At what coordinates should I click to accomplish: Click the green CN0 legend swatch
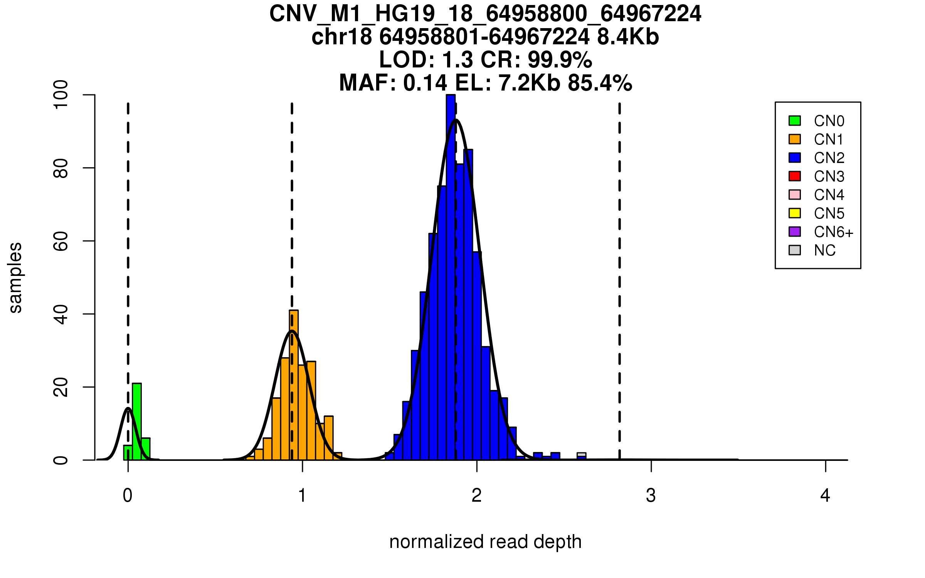tap(795, 121)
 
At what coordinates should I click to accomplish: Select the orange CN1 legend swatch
tap(795, 139)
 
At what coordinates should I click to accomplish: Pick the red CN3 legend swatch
tap(795, 176)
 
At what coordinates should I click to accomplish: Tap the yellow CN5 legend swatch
tap(795, 213)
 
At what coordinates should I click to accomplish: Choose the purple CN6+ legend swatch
tap(795, 232)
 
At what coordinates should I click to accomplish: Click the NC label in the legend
tap(825, 250)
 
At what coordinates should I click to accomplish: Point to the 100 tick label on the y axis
tap(61, 95)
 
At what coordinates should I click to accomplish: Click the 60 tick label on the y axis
tap(61, 241)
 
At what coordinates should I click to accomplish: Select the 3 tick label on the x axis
tap(651, 496)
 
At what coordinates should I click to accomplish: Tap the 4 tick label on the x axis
tap(825, 496)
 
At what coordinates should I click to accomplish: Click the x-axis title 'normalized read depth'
tap(485, 542)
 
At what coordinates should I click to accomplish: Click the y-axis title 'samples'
tap(15, 277)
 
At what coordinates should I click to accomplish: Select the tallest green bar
tap(137, 422)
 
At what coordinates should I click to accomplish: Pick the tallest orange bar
tap(294, 385)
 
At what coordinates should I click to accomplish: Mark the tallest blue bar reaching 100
tap(451, 277)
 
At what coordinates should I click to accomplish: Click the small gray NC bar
tap(582, 455)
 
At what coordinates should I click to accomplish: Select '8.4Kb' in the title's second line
tap(628, 37)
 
